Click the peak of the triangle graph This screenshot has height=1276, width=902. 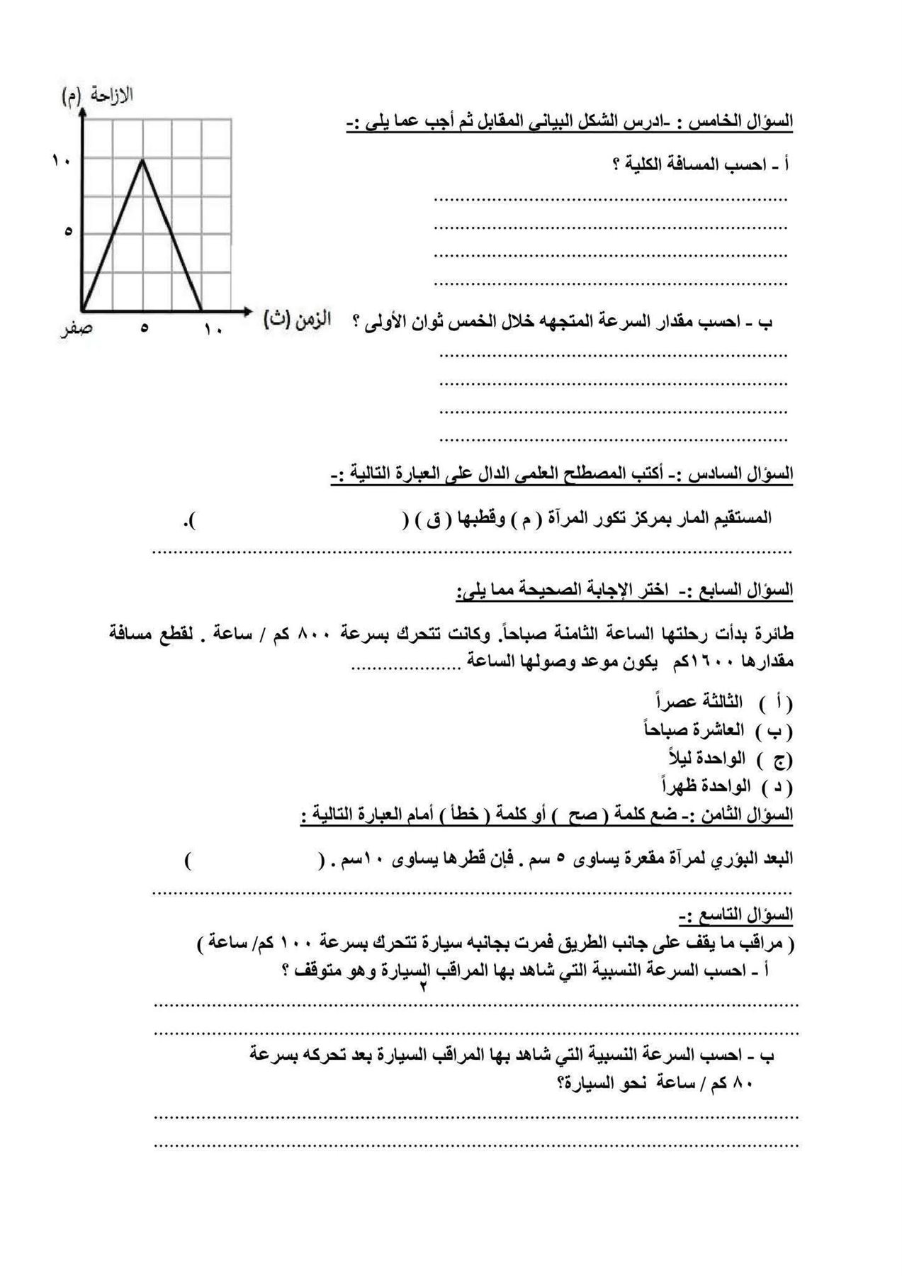point(142,161)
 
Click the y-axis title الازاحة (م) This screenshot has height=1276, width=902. point(98,96)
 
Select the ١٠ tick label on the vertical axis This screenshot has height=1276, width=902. point(61,161)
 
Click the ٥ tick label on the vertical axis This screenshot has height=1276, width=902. point(68,231)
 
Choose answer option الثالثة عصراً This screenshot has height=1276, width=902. point(699,702)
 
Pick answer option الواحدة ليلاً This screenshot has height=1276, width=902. point(706,758)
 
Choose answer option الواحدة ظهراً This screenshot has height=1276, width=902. point(702,786)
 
